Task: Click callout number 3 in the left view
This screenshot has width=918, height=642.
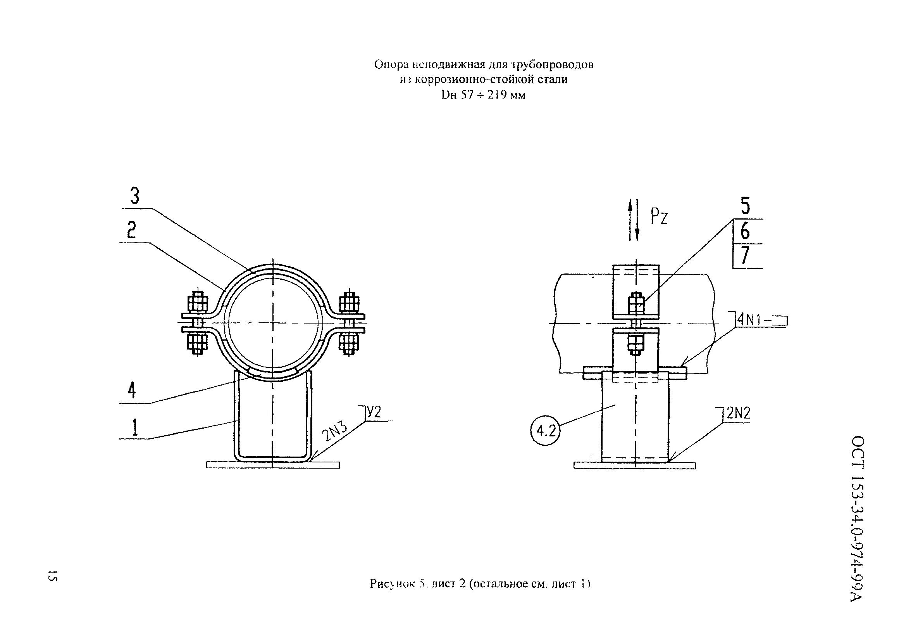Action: [x=135, y=196]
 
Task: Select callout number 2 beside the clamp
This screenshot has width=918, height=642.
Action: [x=131, y=230]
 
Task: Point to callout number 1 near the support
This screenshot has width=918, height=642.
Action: [x=135, y=427]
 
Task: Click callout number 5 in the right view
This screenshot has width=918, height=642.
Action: [x=745, y=206]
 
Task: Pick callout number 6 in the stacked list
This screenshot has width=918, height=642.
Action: [x=745, y=231]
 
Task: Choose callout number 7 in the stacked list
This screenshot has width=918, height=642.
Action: [x=744, y=256]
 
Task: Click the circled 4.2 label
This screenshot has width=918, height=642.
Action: [x=546, y=431]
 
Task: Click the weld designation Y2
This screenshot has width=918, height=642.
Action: [x=374, y=412]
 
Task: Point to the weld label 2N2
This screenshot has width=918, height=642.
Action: [x=738, y=413]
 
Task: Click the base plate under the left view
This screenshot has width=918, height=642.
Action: [x=273, y=465]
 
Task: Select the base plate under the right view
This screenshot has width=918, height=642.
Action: [x=634, y=465]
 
